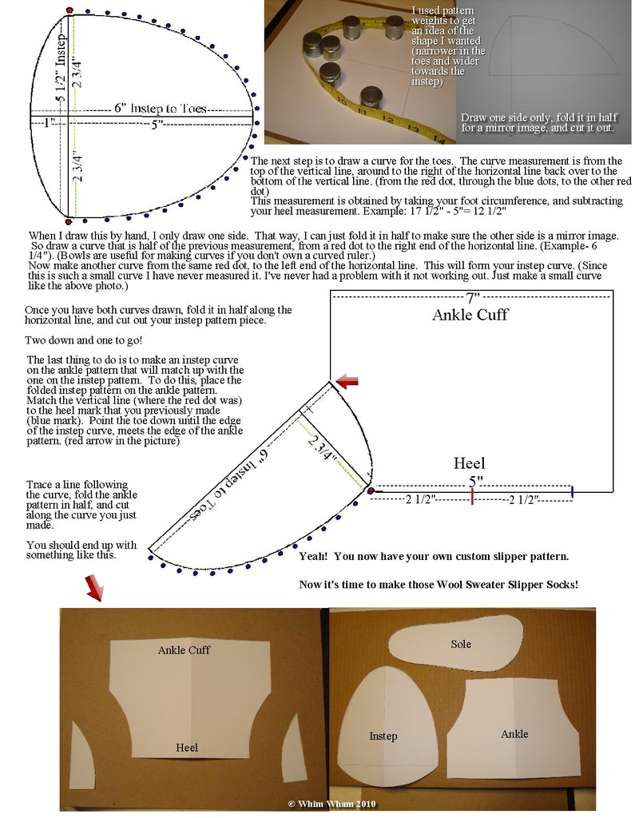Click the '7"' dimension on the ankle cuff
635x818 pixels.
(473, 297)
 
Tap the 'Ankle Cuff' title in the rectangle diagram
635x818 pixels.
(470, 315)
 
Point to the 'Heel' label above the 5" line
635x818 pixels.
(469, 463)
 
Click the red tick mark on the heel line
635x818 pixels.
(472, 497)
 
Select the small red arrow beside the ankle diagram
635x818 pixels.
(347, 383)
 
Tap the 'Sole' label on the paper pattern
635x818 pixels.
(461, 644)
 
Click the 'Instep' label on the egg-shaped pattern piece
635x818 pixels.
(383, 736)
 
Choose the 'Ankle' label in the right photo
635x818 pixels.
(514, 734)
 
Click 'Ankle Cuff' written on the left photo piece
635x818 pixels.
(184, 650)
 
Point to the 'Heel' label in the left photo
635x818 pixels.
(187, 748)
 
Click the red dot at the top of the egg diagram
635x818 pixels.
(69, 10)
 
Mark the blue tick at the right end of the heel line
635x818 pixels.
(572, 490)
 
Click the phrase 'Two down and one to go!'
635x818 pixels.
(84, 341)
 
